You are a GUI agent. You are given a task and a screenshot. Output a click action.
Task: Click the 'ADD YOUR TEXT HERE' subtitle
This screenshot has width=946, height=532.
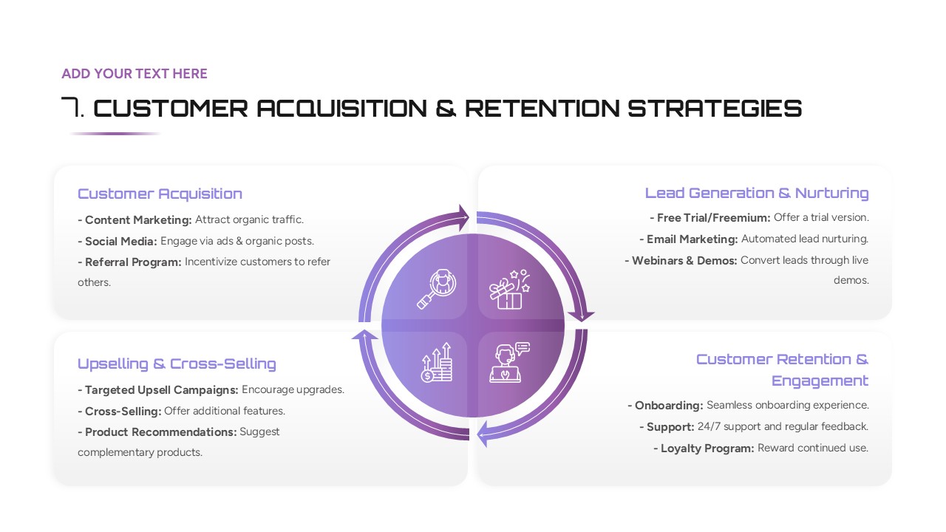click(134, 74)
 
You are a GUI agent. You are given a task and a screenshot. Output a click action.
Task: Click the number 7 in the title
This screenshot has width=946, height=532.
click(70, 108)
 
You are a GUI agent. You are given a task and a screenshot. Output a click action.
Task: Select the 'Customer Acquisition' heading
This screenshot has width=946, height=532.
click(160, 194)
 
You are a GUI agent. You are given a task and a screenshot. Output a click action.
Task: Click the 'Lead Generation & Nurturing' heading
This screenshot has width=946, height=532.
click(756, 193)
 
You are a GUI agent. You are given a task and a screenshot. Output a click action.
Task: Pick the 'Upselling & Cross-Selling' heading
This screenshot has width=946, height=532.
click(177, 364)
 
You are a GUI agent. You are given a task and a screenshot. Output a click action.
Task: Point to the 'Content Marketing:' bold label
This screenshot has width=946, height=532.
click(137, 219)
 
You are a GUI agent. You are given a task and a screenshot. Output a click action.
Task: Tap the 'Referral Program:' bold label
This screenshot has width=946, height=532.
click(132, 262)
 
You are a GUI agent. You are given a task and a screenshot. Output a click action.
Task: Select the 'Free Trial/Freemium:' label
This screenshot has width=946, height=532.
click(713, 217)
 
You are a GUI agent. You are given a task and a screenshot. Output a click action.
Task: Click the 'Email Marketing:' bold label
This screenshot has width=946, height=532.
click(692, 239)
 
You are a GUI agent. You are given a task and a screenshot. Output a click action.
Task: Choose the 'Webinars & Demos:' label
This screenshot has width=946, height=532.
click(684, 260)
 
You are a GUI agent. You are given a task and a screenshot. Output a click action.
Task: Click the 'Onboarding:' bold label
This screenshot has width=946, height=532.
click(668, 405)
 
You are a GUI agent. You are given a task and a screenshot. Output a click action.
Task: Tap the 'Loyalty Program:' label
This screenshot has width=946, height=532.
click(707, 448)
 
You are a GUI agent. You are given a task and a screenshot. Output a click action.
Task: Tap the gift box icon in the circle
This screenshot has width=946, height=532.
click(509, 289)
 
